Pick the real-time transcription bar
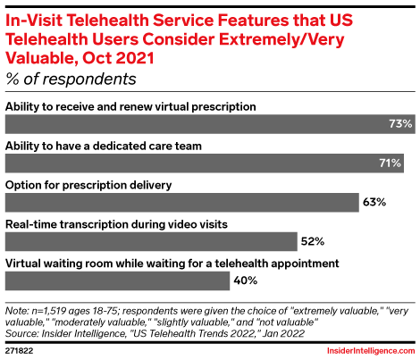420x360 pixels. click(151, 241)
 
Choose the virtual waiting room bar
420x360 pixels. click(117, 280)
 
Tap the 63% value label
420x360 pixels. click(374, 202)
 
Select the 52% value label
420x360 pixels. click(313, 241)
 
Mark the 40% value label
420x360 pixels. click(247, 280)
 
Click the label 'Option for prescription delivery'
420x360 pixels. click(88, 184)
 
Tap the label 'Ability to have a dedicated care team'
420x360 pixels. click(102, 146)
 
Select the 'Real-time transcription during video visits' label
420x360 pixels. click(115, 223)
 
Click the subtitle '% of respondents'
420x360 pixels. click(71, 79)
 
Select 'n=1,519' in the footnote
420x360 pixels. click(50, 306)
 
